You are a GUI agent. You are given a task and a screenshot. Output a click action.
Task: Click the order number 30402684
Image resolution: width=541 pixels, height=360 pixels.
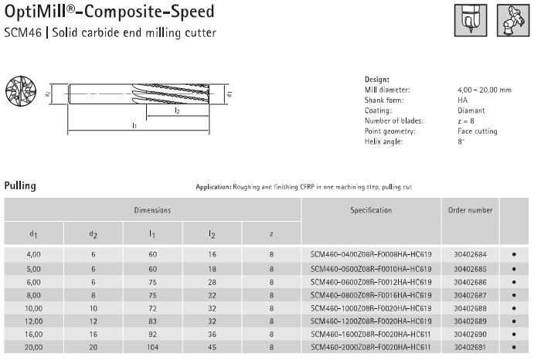coord(470,254)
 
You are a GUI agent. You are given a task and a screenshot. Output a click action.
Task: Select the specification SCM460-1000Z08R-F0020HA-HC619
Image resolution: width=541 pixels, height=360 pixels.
coord(371,308)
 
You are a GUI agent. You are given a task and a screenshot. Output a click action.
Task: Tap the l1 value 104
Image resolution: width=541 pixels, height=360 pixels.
coord(152,347)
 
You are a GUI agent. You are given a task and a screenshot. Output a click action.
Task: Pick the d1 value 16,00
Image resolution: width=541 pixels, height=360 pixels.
coord(33,335)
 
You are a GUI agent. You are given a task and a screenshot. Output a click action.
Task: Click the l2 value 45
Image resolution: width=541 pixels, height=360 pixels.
coord(212,347)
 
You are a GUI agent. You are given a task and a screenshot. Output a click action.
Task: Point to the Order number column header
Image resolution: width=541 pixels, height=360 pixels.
coord(470,210)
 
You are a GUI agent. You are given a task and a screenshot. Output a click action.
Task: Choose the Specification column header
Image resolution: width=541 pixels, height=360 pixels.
coord(371,210)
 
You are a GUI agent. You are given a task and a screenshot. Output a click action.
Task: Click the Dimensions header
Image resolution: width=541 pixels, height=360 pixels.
coord(152,210)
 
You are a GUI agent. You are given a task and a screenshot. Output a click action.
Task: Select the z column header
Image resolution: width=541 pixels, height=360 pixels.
coord(271,234)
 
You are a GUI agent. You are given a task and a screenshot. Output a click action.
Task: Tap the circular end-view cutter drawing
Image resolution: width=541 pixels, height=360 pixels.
coord(21,90)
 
